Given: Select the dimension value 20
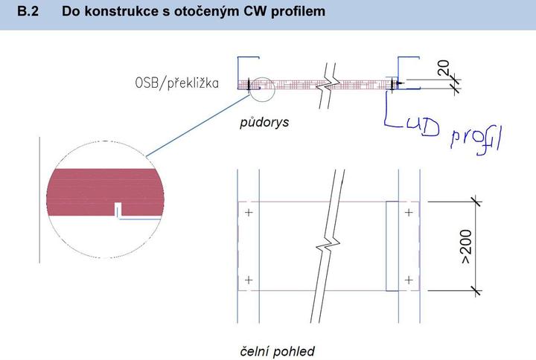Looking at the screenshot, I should [443, 69].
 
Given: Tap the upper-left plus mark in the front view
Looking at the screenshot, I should [248, 213].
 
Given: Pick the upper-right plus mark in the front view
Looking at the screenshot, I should [408, 213].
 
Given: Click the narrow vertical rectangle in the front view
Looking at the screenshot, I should [392, 245].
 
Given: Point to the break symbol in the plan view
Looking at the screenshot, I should [329, 82].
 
